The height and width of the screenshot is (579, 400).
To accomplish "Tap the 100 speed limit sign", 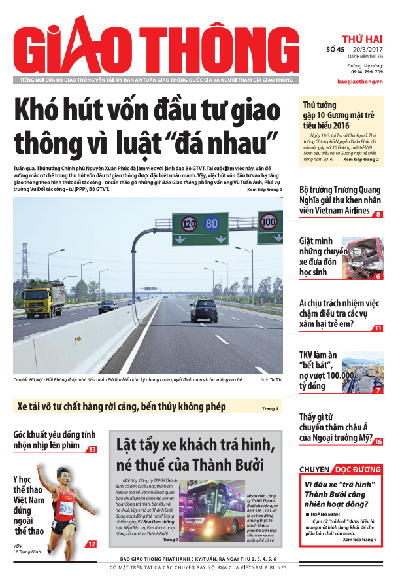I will (268, 220).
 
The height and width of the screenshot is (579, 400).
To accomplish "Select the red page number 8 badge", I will (378, 214).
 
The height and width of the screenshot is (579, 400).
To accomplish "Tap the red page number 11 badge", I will (378, 328).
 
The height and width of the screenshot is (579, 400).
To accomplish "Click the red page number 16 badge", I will (378, 442).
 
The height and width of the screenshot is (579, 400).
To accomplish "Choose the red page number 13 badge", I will (92, 449).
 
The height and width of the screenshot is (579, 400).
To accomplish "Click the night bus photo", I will (210, 509).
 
